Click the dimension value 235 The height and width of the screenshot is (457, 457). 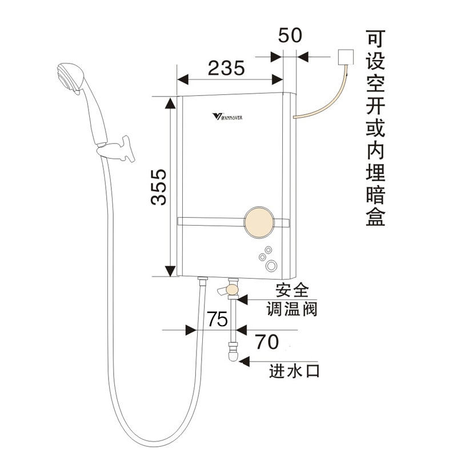pos(226,69)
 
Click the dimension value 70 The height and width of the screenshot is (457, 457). pos(266,342)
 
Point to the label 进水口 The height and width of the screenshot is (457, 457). pos(295,371)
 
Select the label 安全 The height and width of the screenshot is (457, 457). pos(292,291)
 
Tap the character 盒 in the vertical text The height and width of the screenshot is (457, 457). pos(375,217)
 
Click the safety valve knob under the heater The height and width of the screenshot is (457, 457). pos(230,291)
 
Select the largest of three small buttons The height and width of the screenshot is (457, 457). pos(270,266)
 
